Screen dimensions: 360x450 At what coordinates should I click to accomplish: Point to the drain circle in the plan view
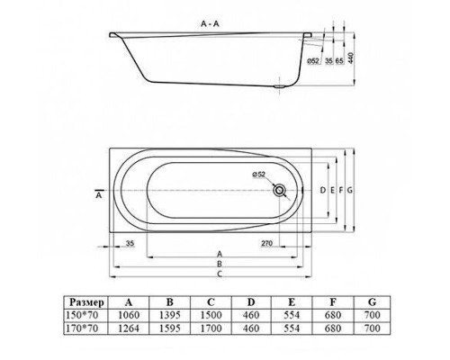[283, 191]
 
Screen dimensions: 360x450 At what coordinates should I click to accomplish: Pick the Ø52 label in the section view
[311, 61]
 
